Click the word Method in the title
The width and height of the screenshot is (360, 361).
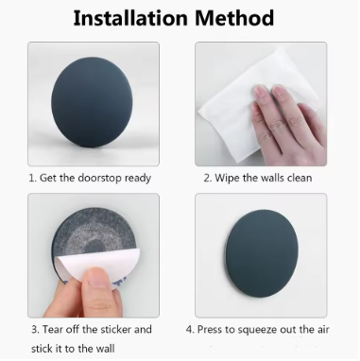[x=234, y=18]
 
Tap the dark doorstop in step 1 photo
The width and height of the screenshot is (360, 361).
[x=92, y=101]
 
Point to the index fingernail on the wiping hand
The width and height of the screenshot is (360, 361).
[x=260, y=94]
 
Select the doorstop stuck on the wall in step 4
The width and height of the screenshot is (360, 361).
[x=261, y=253]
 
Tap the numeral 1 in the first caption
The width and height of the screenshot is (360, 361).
[x=31, y=179]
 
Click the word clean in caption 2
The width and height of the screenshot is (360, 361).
[x=300, y=179]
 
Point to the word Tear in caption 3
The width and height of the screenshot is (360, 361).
[x=53, y=330]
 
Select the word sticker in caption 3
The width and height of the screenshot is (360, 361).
[x=116, y=330]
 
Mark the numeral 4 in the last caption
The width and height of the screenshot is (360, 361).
[x=189, y=330]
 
